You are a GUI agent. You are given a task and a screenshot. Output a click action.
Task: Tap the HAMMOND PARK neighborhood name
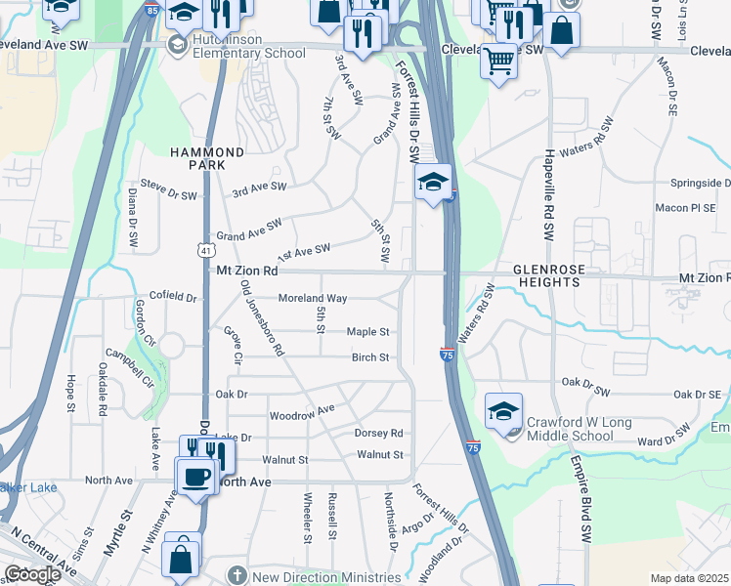click(x=207, y=159)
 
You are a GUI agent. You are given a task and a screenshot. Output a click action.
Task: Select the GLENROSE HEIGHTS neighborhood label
click(x=548, y=274)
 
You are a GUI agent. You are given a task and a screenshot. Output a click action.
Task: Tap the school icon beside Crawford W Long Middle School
click(x=503, y=412)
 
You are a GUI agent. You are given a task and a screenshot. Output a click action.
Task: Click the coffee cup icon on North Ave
click(x=195, y=476)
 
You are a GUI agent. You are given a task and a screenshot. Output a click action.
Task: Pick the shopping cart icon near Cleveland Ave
click(x=498, y=61)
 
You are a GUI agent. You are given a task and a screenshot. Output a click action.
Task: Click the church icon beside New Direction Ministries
click(x=236, y=575)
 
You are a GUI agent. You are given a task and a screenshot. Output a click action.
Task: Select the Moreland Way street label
click(x=313, y=298)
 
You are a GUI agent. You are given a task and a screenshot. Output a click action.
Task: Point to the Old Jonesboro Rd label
click(x=261, y=317)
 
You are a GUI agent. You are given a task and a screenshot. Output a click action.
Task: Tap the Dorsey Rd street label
click(x=379, y=433)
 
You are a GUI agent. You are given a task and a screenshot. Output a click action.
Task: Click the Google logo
click(x=32, y=575)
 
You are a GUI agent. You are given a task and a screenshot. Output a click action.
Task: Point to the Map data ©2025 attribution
click(x=690, y=578)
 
